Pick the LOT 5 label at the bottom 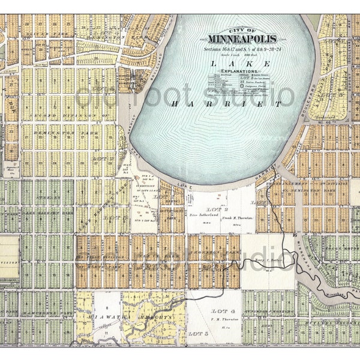pos(197,332)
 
